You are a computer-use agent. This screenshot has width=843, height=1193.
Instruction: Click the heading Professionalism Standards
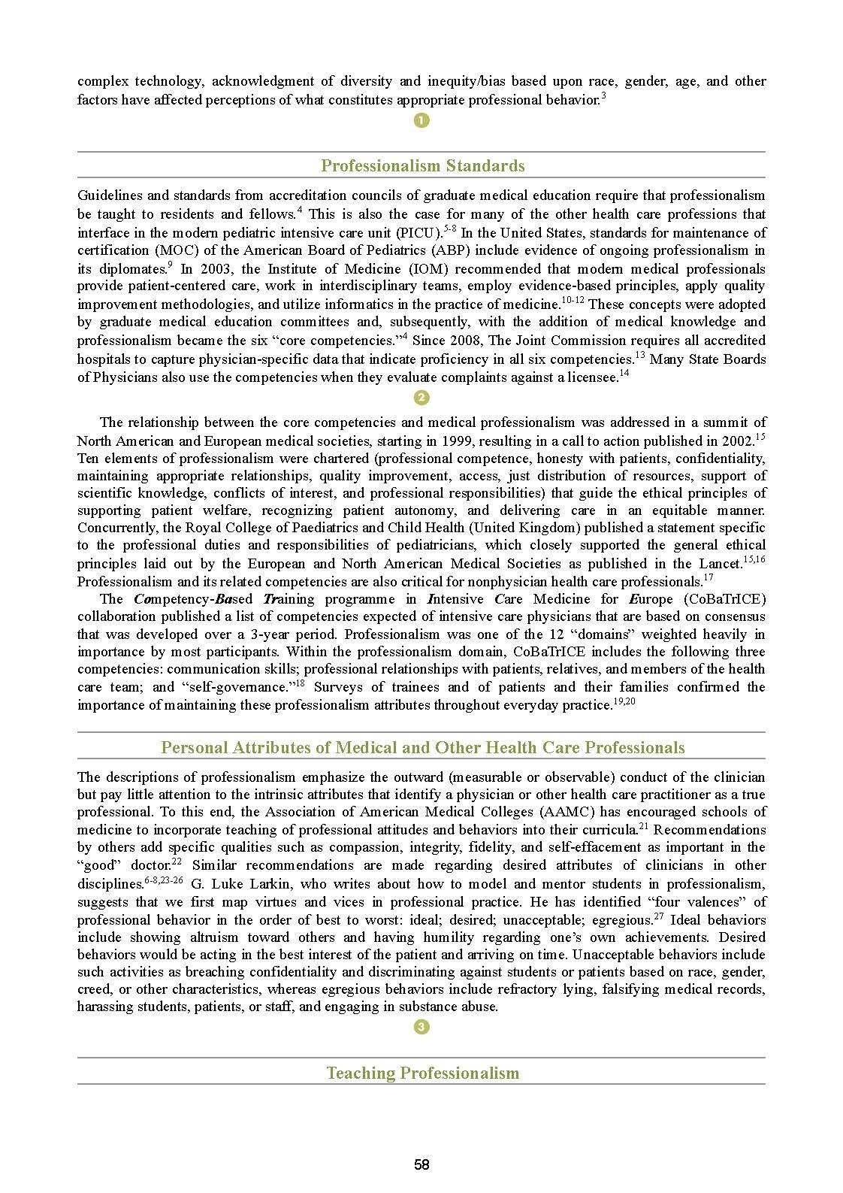point(422,166)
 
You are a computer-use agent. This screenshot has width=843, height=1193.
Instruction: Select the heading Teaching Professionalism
point(422,1073)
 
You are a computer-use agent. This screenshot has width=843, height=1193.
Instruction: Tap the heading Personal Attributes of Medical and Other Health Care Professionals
point(422,747)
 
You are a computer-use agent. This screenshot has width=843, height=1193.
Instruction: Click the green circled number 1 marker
point(421,120)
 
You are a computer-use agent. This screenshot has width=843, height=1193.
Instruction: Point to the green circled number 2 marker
point(421,398)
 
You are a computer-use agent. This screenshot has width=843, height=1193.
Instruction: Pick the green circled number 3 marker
point(421,1027)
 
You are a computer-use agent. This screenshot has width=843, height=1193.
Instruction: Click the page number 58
point(421,1164)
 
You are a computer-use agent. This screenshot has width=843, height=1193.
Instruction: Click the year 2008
point(469,341)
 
